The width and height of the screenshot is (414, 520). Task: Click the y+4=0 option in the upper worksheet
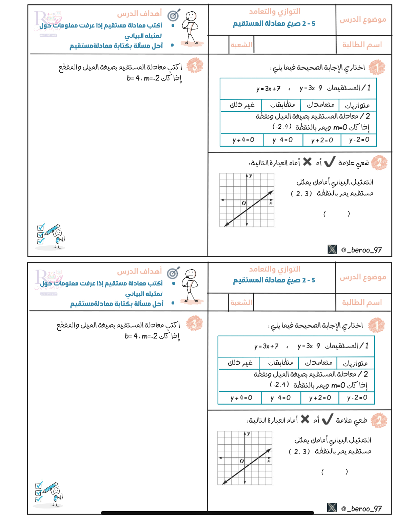[243, 140]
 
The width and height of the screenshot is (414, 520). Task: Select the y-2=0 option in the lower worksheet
[357, 397]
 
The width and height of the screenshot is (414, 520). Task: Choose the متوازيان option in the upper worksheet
[357, 105]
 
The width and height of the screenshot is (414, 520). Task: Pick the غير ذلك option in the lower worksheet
[240, 363]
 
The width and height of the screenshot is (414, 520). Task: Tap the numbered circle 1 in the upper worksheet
[377, 67]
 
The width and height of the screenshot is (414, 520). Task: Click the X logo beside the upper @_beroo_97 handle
[332, 249]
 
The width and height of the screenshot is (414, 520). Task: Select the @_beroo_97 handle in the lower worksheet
[361, 508]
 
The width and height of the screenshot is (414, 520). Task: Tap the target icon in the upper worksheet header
[174, 15]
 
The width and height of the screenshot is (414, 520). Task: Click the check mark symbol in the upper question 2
[330, 162]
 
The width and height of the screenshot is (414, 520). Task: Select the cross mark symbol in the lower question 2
[305, 419]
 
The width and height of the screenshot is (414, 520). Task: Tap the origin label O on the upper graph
[243, 203]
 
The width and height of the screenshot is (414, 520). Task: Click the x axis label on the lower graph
[269, 461]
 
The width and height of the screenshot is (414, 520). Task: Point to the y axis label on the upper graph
[250, 176]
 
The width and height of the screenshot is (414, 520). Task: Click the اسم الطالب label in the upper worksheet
[362, 45]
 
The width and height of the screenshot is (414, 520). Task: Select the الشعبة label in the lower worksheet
[241, 302]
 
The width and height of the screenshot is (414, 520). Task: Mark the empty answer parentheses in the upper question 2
[336, 214]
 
